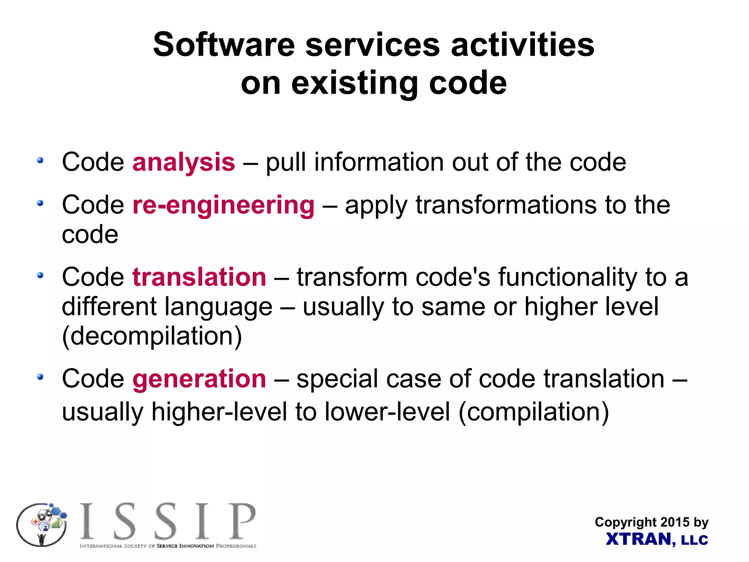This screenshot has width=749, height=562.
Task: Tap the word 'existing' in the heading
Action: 354,83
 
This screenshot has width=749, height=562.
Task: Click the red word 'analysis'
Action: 184,162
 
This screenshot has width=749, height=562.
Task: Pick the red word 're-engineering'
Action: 223,205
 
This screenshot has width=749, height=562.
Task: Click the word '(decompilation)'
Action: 152,336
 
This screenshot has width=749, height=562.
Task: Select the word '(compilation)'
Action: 534,412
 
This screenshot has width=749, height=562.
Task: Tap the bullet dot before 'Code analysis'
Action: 40,160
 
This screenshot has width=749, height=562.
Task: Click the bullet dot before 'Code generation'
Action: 40,377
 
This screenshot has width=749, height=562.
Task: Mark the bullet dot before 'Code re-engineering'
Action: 40,203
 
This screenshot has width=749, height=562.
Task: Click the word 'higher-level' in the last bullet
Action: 219,412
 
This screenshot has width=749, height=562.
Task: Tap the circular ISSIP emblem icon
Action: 42,525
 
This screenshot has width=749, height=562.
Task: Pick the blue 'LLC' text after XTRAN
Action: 695,540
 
